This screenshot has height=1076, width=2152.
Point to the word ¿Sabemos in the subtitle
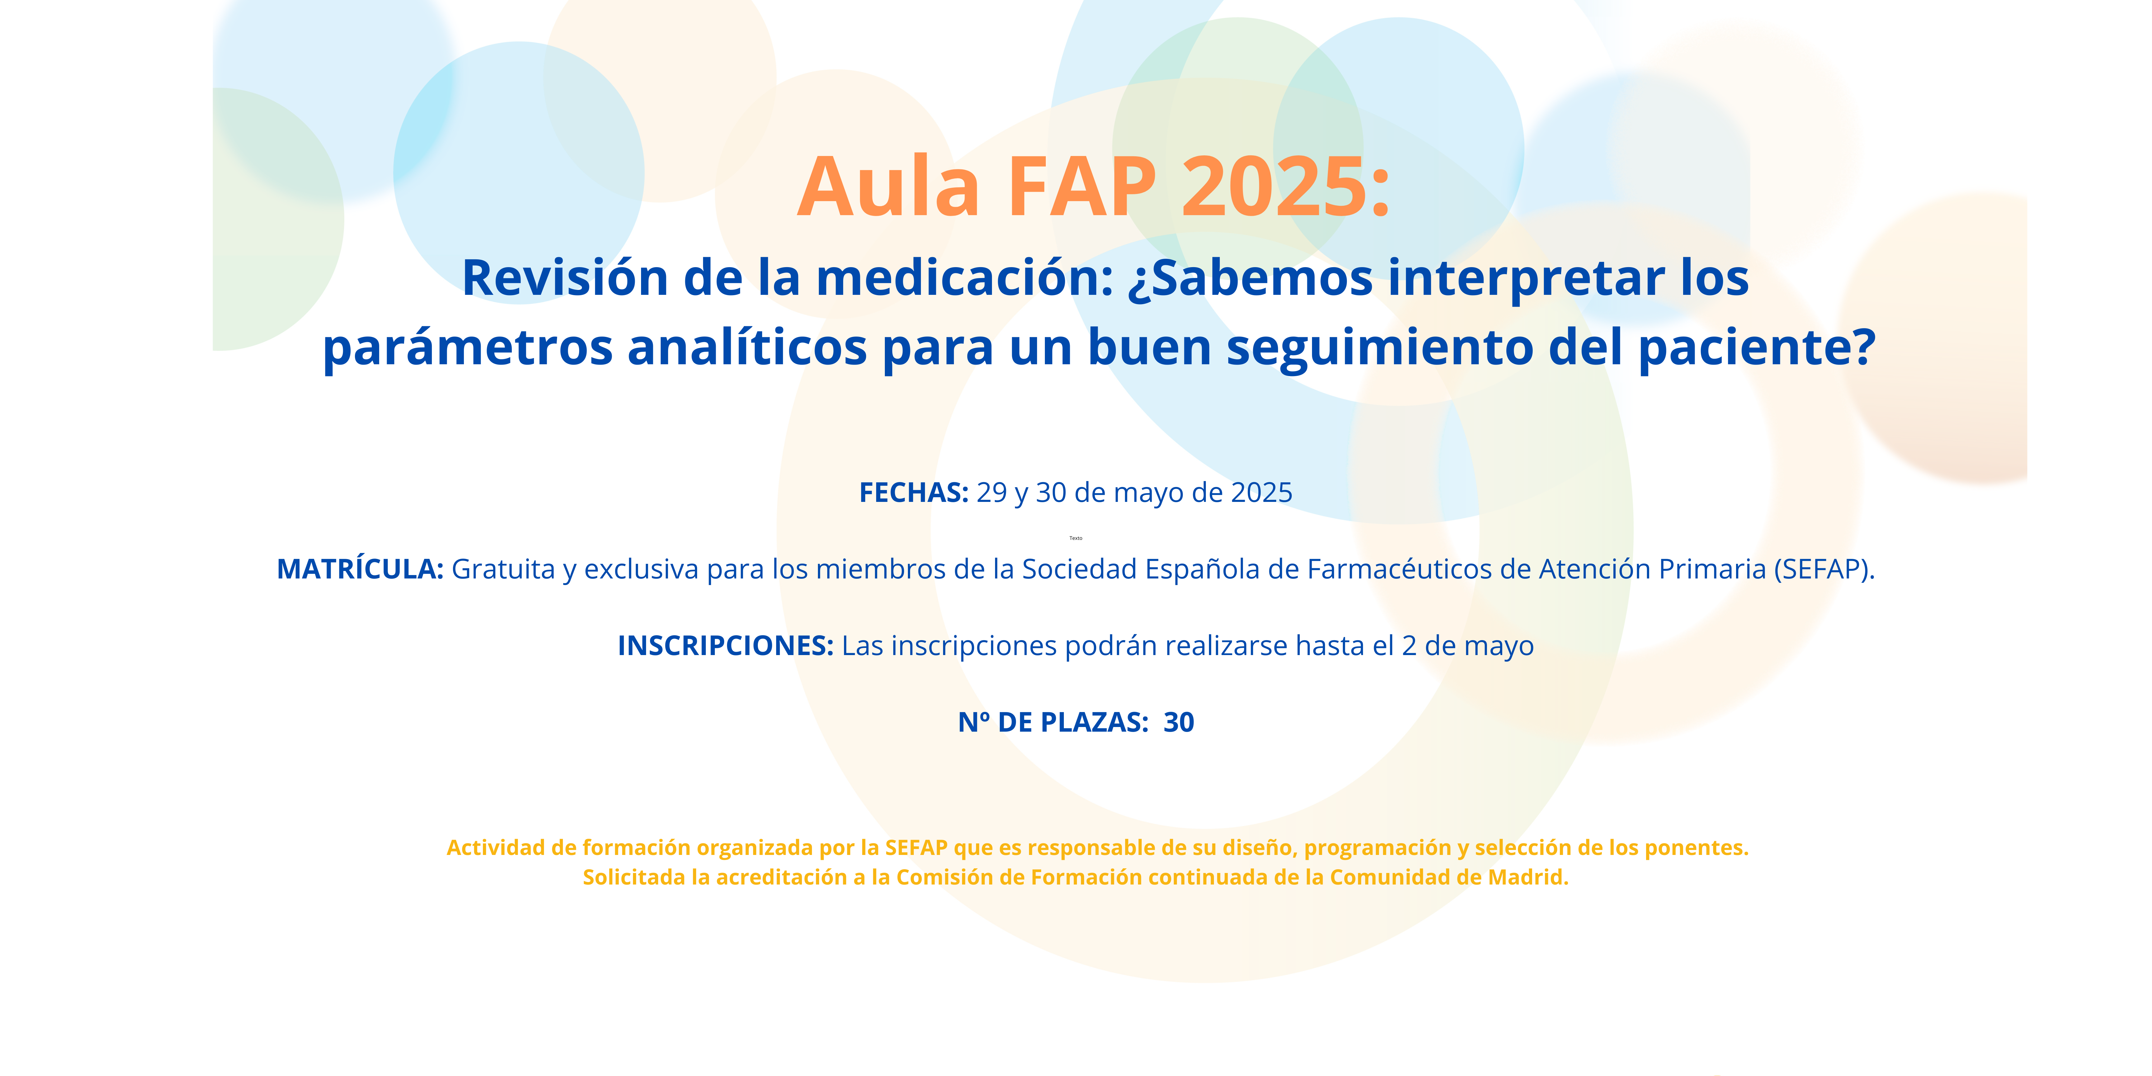pyautogui.click(x=1250, y=278)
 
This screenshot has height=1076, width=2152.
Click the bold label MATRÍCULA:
pyautogui.click(x=360, y=569)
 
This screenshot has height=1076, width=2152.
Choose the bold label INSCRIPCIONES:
pyautogui.click(x=725, y=646)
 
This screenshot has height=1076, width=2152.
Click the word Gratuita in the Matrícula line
pyautogui.click(x=503, y=569)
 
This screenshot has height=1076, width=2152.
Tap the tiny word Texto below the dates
pyautogui.click(x=1076, y=538)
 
